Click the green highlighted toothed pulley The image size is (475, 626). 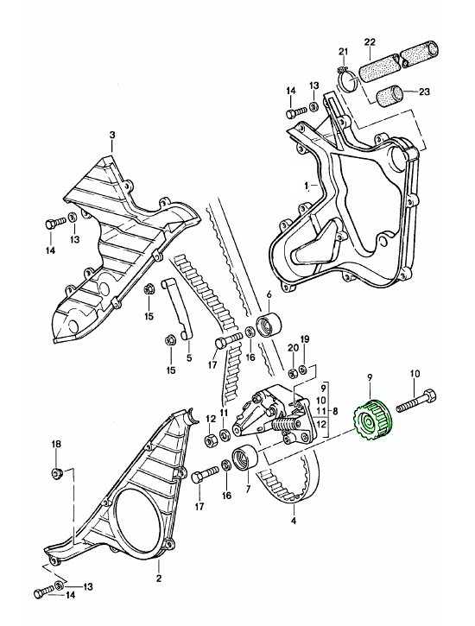tap(374, 420)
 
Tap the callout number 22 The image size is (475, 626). tap(370, 42)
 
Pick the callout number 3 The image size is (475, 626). tap(112, 136)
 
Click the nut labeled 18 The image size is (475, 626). tap(56, 474)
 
